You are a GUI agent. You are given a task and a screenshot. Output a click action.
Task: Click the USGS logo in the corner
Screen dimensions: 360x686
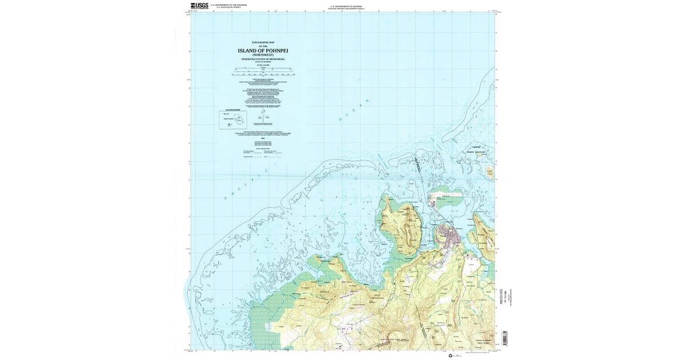point(200,6)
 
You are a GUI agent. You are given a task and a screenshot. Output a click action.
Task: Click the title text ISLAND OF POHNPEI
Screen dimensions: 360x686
point(262,51)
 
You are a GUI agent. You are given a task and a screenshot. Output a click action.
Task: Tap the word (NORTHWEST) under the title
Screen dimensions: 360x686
point(262,55)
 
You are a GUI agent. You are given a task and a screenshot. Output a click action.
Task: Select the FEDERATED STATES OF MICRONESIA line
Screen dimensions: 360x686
point(262,59)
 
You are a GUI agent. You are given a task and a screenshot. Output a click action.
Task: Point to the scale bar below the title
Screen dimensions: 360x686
point(262,71)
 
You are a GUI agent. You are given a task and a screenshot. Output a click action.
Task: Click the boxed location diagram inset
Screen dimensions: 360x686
point(232,119)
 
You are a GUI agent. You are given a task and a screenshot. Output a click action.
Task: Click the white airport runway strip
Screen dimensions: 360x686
point(443,197)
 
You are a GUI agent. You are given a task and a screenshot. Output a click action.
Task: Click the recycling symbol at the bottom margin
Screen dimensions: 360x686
point(450,355)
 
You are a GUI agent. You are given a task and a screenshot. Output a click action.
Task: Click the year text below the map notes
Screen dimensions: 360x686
point(262,138)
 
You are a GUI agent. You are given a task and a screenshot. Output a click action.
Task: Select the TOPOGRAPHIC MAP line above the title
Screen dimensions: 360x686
point(262,43)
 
